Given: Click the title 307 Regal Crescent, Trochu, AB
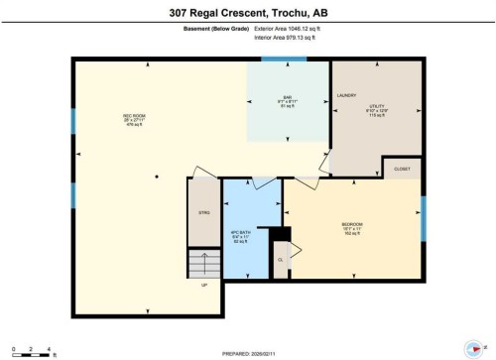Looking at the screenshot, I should [248, 14].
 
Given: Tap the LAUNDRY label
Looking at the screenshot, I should [346, 95].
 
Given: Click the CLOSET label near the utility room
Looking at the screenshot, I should [402, 170].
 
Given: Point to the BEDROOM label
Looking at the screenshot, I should [352, 225].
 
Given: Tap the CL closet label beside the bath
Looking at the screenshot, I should [281, 260].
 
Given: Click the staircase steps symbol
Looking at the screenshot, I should [203, 263].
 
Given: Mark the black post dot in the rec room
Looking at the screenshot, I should [155, 177].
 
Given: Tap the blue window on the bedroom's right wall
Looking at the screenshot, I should [423, 219].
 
